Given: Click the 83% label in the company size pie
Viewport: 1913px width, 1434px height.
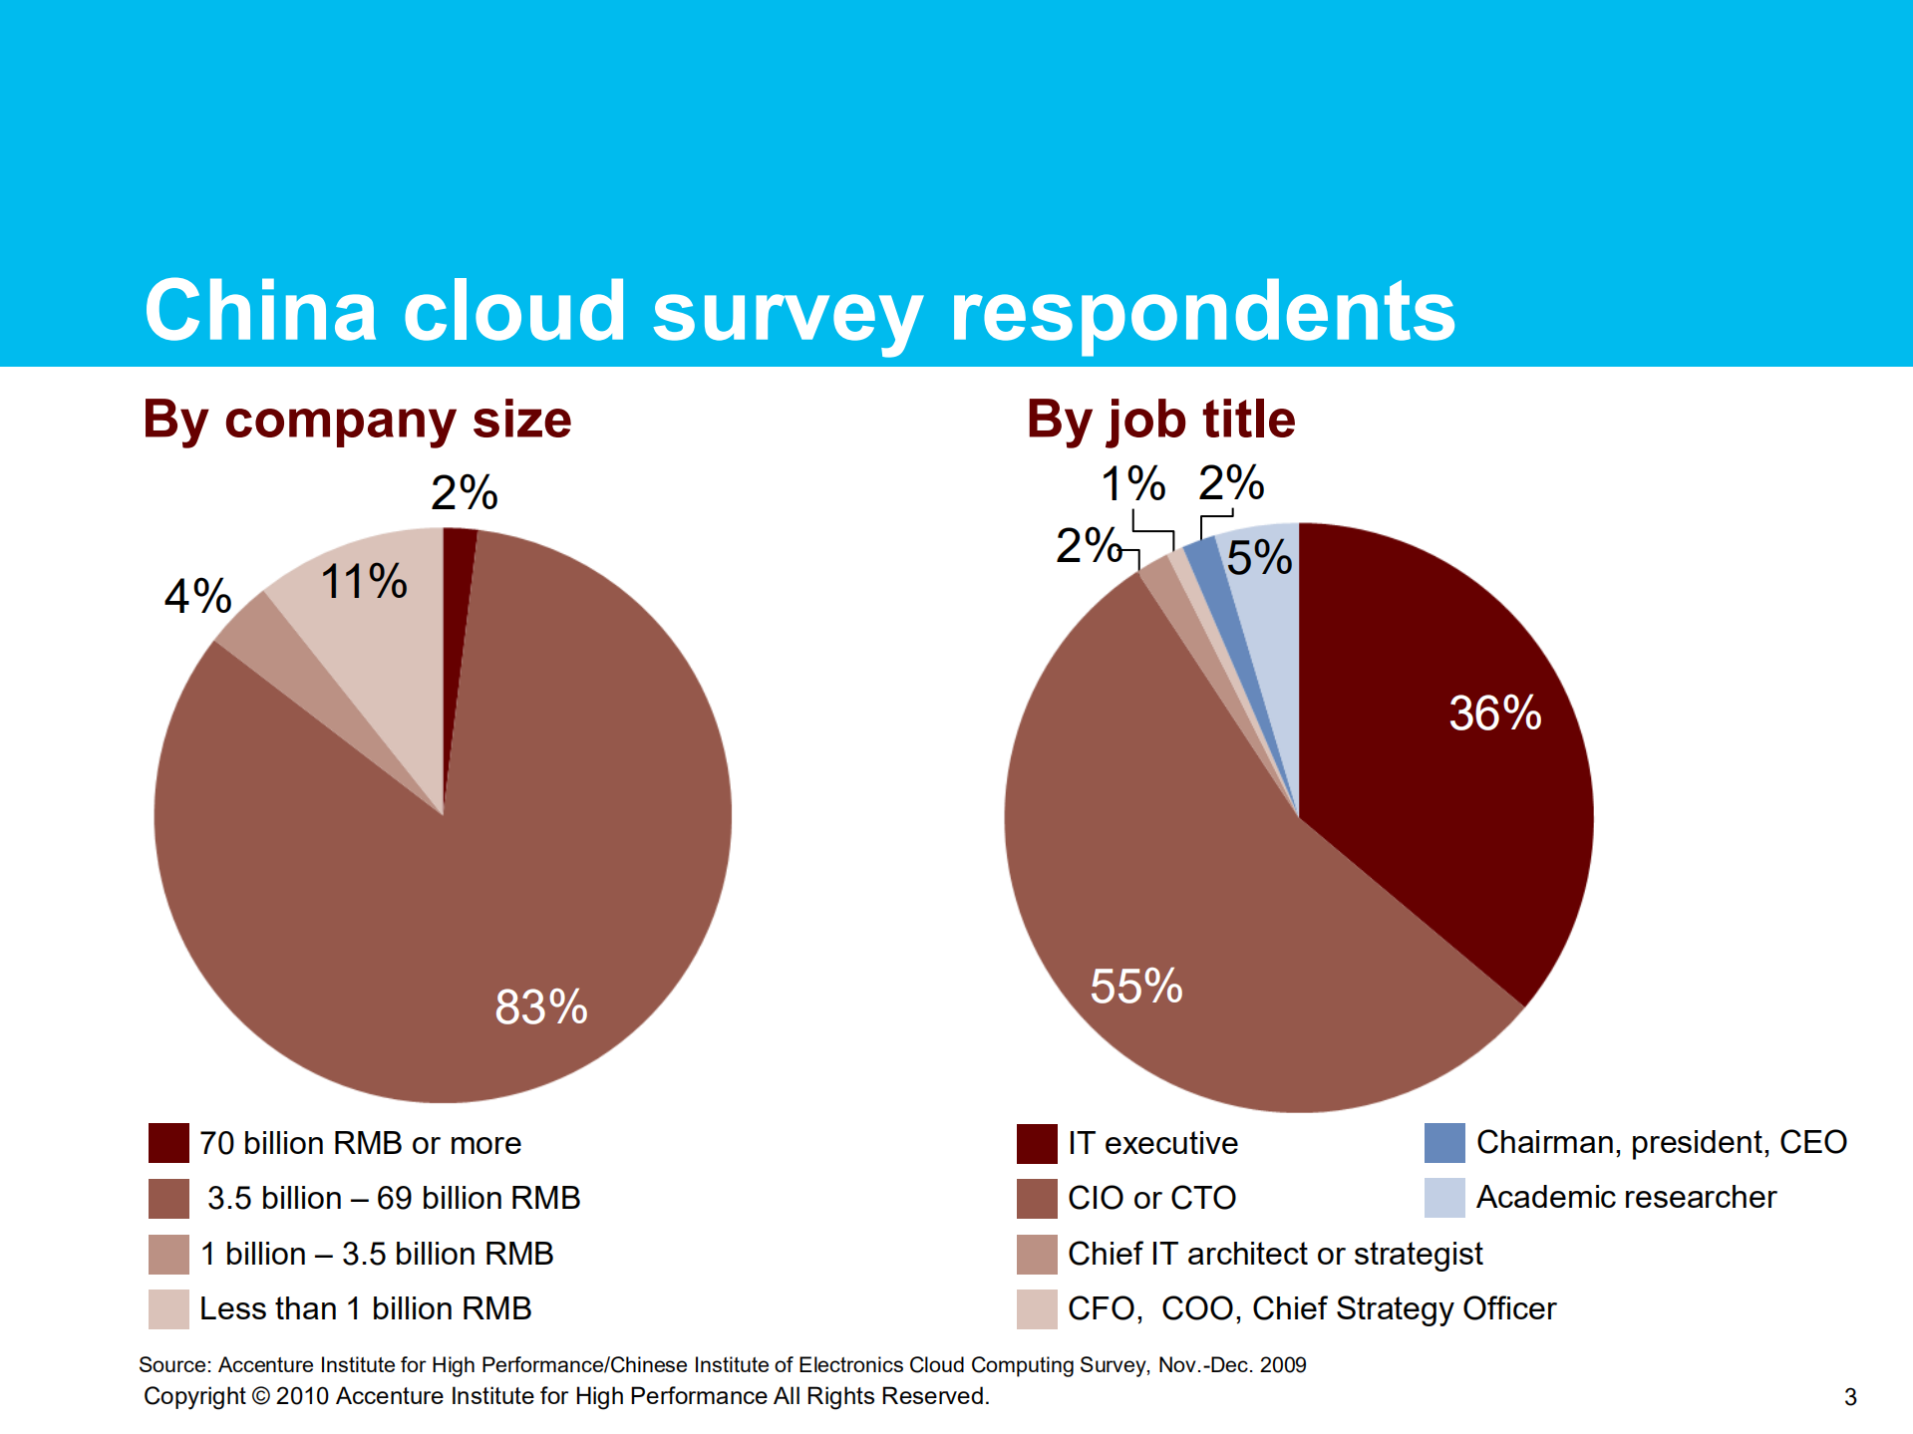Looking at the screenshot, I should pos(541,1006).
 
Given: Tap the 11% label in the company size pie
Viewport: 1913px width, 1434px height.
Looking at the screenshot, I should pos(364,581).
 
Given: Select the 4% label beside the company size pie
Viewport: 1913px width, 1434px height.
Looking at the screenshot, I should pos(198,596).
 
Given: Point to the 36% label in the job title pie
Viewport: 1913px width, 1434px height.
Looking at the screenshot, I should pos(1494,714).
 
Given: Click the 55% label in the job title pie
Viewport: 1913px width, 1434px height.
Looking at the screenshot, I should pos(1135,987).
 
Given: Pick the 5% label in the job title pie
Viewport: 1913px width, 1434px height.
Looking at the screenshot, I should pos(1259,557).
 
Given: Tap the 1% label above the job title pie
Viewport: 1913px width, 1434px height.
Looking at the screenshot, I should pos(1132,485).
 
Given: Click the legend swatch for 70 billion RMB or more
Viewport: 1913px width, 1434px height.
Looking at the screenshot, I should pos(168,1143).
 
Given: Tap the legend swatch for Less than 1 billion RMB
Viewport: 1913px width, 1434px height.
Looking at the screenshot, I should pos(168,1308).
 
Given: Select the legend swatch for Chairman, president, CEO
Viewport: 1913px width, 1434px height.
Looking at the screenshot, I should pos(1444,1143).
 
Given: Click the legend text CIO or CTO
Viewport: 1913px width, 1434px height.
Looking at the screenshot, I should pos(1151,1198).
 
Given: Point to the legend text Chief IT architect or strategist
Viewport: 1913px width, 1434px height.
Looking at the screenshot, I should pos(1274,1254).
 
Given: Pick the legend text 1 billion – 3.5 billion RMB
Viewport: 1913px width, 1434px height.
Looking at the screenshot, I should pos(377,1254).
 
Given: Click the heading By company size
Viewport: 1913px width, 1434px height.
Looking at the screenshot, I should pos(357,420).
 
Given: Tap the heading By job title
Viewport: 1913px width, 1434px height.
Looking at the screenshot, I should pos(1160,420).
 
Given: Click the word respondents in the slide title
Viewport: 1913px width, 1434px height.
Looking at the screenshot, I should pos(1202,312).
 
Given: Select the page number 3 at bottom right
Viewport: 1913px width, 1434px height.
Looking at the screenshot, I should pos(1850,1397).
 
